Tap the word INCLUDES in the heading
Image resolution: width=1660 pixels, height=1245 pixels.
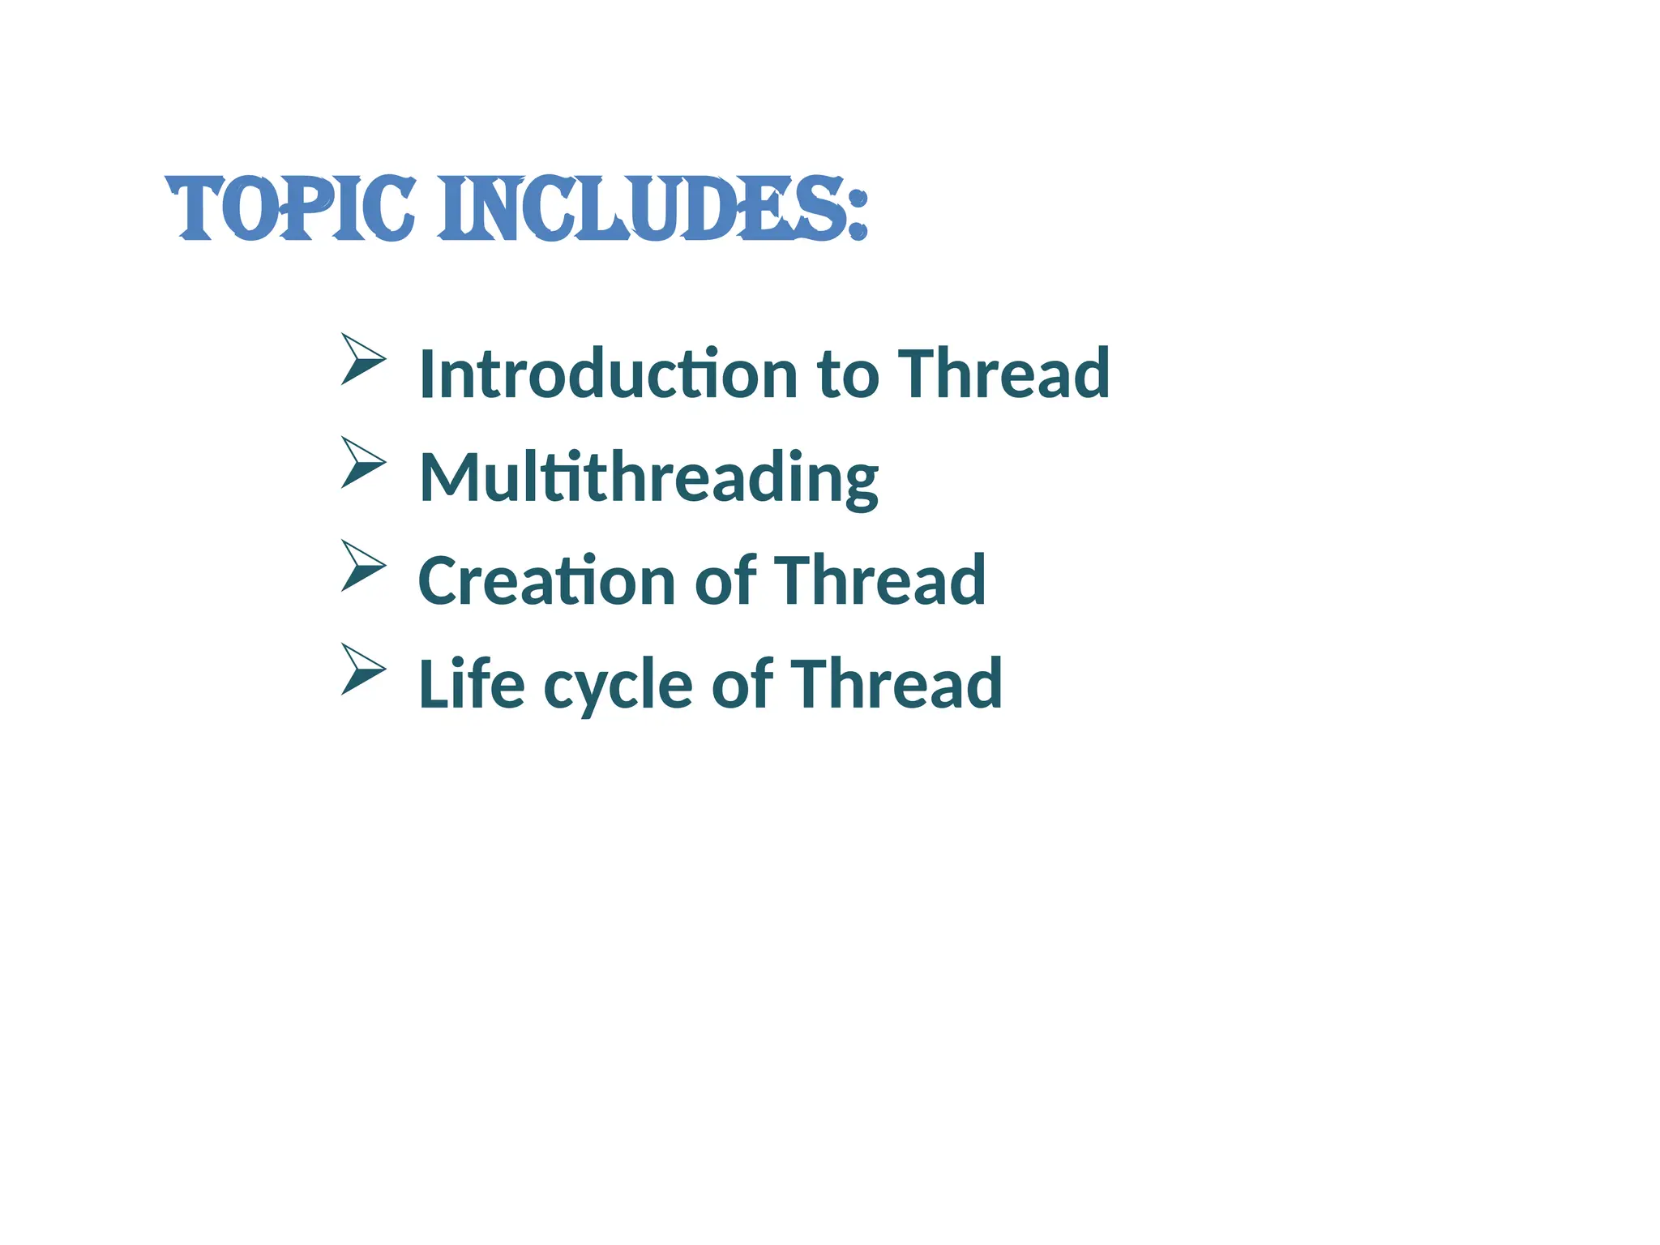point(641,208)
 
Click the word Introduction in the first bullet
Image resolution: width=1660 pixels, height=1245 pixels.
point(608,374)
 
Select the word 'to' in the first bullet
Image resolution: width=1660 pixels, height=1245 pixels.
point(848,375)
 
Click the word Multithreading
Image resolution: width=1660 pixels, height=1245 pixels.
point(648,478)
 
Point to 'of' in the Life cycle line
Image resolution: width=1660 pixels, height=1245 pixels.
point(742,684)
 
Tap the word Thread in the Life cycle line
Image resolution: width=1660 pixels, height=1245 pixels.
point(896,684)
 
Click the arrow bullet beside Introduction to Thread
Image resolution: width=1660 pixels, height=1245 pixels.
point(362,358)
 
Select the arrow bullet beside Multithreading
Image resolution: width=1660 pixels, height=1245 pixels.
point(362,462)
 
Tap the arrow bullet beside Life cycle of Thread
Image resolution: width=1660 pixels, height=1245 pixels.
point(362,669)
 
